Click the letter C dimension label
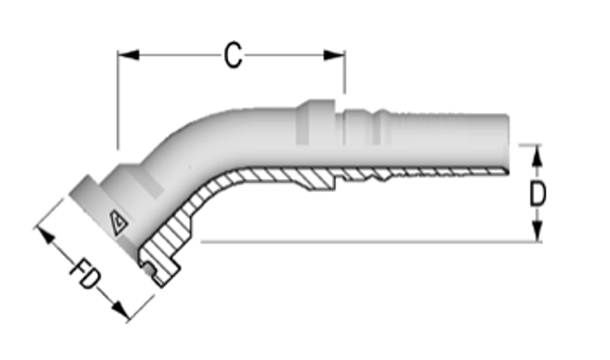[x=233, y=56]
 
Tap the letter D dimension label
[x=537, y=195]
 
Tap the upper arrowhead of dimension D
[x=536, y=156]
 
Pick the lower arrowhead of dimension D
[x=536, y=231]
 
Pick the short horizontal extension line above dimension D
[x=529, y=145]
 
